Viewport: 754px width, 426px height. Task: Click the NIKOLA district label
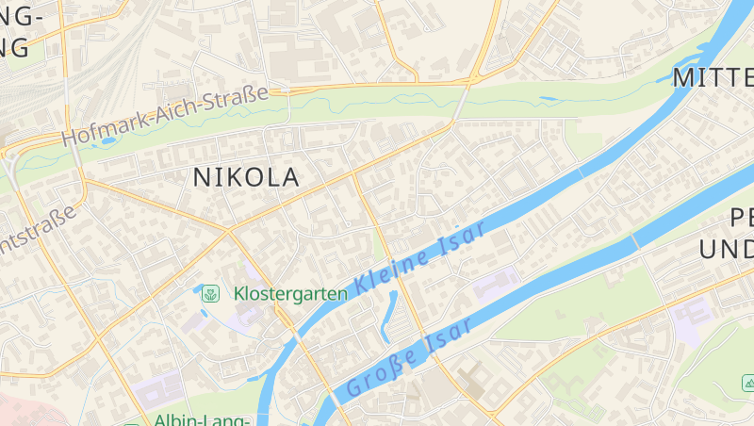246,176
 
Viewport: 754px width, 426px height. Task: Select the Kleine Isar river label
421,257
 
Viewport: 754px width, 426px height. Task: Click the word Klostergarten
290,293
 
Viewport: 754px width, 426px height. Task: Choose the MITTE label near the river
713,77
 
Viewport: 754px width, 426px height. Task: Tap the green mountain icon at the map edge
747,383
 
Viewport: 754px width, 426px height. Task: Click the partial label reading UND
727,250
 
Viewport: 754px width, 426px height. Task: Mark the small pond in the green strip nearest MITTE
549,98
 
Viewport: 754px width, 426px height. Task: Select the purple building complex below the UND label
690,316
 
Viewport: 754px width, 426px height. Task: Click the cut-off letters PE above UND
742,219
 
